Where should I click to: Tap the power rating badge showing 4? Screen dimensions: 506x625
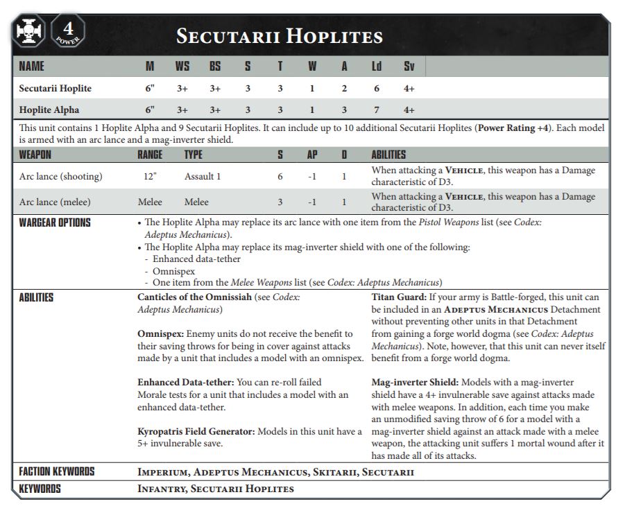click(68, 32)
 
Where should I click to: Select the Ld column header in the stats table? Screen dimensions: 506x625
click(376, 67)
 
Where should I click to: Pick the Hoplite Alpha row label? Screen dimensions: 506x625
click(49, 110)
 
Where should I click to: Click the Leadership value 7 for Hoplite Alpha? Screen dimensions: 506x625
click(376, 110)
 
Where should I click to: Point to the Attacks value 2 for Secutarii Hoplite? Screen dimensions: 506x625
click(344, 89)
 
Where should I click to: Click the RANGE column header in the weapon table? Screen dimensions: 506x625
click(150, 155)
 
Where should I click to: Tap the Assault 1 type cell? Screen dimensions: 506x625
click(203, 176)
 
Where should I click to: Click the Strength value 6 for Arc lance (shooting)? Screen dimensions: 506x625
click(280, 176)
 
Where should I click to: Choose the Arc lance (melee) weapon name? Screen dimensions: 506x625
click(56, 202)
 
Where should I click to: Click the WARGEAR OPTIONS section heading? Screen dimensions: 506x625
click(55, 223)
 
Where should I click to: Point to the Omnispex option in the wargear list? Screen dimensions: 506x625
click(173, 271)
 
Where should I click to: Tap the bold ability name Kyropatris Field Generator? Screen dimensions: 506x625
click(196, 431)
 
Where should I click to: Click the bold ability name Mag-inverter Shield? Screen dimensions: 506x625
click(414, 382)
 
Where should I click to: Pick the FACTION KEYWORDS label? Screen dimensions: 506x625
click(57, 472)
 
